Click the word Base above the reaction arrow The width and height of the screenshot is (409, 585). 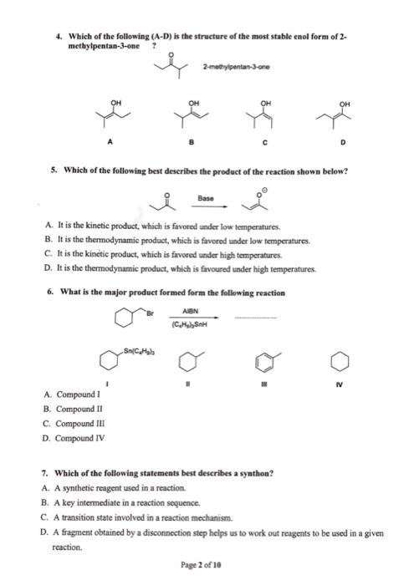tap(205, 199)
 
